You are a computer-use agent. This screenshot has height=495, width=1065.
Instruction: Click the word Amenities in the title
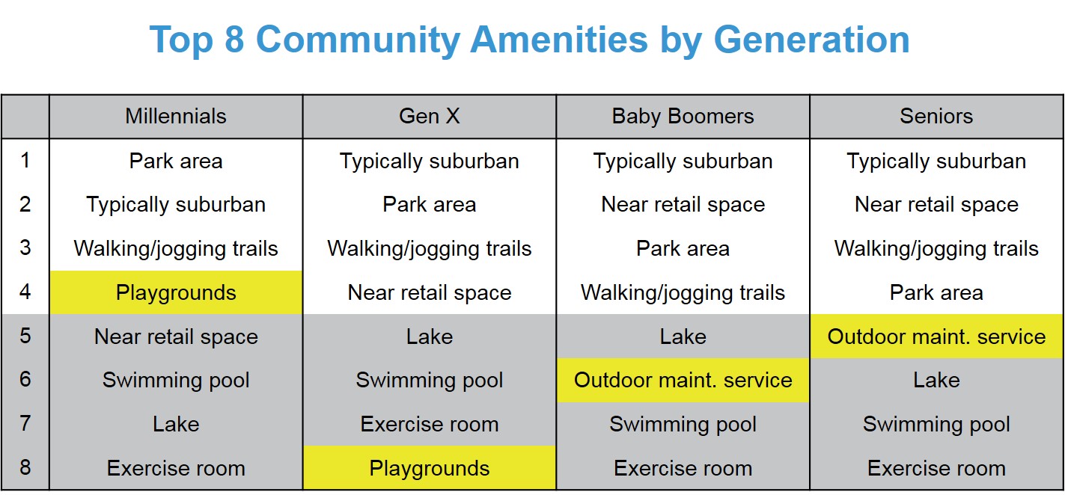(x=558, y=40)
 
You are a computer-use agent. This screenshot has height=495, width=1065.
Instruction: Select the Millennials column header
(x=175, y=117)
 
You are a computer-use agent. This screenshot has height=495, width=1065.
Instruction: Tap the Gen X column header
(x=430, y=117)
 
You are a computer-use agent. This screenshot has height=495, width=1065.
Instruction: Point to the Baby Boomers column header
(x=683, y=117)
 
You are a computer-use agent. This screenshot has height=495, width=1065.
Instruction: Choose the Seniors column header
(x=936, y=117)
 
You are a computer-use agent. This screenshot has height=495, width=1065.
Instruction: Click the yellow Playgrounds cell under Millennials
(x=176, y=292)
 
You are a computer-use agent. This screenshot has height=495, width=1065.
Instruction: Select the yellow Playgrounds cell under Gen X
(x=430, y=468)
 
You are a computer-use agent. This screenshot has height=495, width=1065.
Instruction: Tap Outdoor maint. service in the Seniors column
(x=936, y=336)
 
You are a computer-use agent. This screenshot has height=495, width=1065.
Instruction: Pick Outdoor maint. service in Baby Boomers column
(x=683, y=380)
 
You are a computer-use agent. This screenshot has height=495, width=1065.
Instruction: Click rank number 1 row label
(x=25, y=160)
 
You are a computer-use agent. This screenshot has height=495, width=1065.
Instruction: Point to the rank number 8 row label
(x=25, y=467)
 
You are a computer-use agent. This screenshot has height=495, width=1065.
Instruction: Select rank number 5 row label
(x=25, y=336)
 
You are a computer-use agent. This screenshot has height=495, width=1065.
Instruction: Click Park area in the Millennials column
(x=176, y=161)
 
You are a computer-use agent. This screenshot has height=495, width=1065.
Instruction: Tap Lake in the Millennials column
(x=176, y=424)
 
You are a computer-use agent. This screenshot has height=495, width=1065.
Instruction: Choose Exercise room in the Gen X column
(x=430, y=424)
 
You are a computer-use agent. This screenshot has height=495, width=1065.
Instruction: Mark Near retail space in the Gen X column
(x=430, y=293)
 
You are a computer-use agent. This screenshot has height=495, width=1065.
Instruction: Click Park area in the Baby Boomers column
(x=683, y=249)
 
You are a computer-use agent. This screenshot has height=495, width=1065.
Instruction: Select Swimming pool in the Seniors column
(x=936, y=425)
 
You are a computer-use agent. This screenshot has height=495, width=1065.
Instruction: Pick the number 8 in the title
(x=234, y=40)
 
